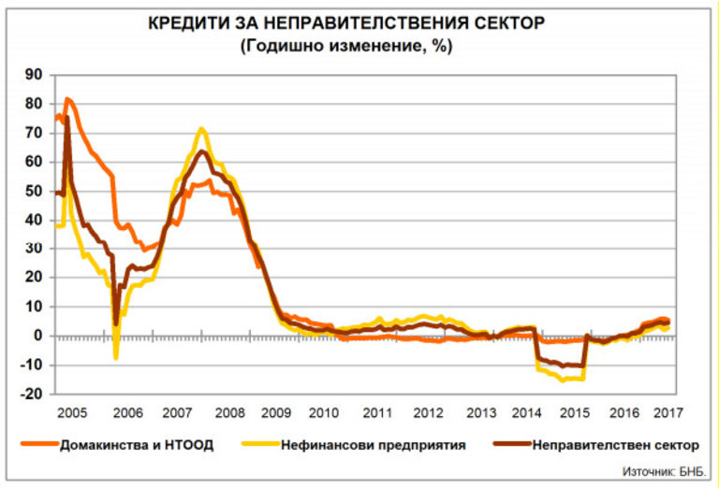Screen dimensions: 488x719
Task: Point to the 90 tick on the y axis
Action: click(x=35, y=75)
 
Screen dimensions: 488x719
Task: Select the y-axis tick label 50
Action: click(x=35, y=191)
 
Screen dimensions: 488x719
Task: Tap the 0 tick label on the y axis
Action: click(x=39, y=336)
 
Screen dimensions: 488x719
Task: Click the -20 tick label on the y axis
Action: click(x=32, y=394)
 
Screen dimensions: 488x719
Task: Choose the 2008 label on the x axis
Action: click(x=232, y=411)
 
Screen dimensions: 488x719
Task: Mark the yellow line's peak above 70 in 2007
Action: click(x=201, y=129)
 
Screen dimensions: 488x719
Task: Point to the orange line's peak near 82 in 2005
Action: click(x=67, y=98)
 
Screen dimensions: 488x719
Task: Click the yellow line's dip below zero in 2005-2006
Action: click(x=116, y=357)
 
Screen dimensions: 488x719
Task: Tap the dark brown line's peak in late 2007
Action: click(x=201, y=151)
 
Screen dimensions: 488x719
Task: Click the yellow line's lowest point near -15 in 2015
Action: click(x=563, y=380)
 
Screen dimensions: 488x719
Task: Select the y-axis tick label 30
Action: click(x=35, y=249)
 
